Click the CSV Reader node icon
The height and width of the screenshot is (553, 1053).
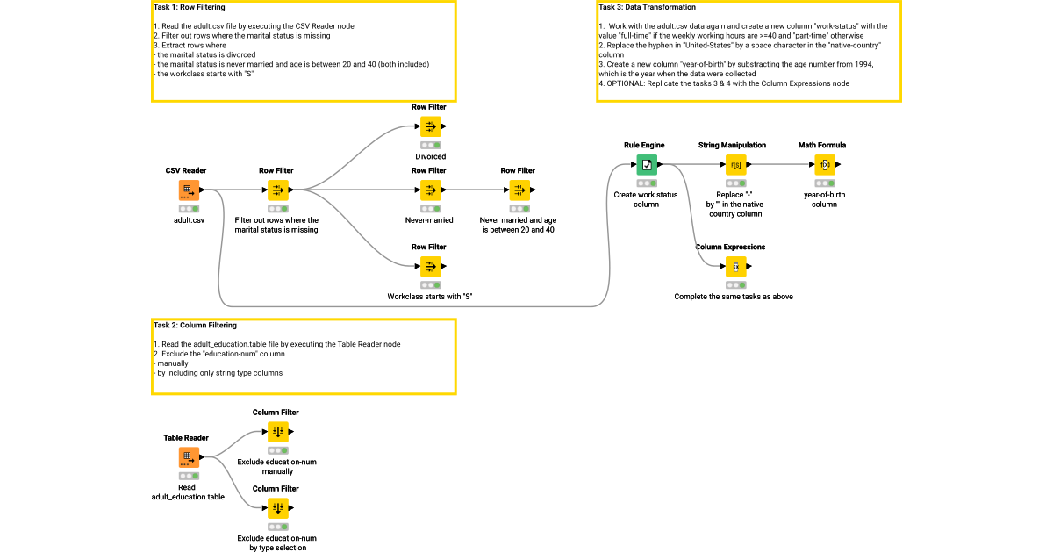coord(189,190)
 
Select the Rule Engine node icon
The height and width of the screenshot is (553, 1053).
coord(647,164)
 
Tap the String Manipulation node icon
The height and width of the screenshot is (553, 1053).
coord(735,164)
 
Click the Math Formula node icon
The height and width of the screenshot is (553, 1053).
coord(824,164)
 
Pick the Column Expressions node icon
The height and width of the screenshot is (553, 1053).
coord(735,266)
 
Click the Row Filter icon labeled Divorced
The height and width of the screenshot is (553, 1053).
coord(430,126)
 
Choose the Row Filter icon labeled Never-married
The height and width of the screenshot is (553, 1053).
coord(430,190)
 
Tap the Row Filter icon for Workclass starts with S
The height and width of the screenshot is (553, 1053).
coord(430,266)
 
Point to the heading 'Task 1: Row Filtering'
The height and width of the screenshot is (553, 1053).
coord(189,7)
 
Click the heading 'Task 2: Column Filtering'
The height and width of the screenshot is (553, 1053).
coord(195,326)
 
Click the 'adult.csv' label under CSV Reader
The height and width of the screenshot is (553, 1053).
coord(189,220)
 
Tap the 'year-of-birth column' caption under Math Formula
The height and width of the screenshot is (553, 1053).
coord(824,199)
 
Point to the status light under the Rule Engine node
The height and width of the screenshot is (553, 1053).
coord(647,183)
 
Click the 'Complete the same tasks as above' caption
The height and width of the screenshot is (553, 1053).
coord(734,297)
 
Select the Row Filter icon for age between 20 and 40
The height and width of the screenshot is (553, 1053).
coord(519,190)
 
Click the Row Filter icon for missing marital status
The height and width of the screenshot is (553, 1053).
coord(277,190)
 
